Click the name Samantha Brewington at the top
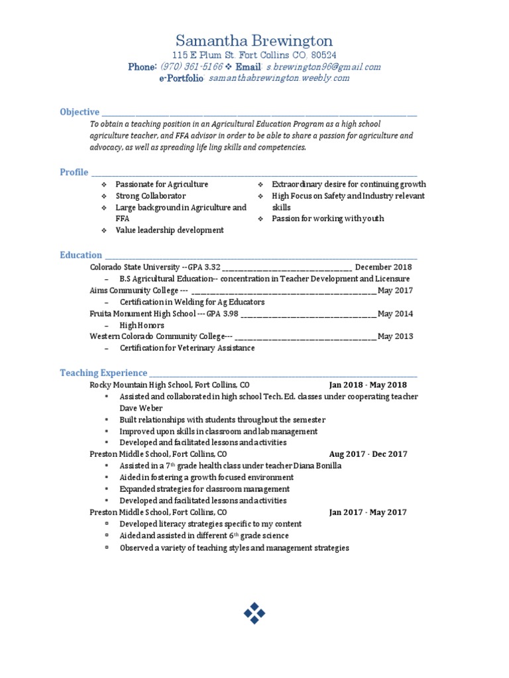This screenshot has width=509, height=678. (254, 41)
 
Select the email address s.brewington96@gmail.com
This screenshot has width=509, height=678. (323, 67)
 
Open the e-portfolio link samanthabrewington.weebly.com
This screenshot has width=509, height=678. (278, 78)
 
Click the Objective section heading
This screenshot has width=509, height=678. (80, 112)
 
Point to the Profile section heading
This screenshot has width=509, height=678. (74, 172)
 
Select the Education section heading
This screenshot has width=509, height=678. (81, 255)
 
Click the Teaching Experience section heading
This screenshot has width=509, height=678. (103, 373)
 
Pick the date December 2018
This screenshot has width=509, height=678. (383, 267)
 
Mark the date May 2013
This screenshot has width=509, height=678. (395, 336)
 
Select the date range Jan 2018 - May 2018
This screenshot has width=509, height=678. (368, 385)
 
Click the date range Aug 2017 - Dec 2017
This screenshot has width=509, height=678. (368, 454)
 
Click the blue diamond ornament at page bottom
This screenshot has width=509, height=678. (254, 613)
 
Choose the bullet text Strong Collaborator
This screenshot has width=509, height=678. (150, 196)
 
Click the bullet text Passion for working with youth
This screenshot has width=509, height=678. (327, 218)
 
